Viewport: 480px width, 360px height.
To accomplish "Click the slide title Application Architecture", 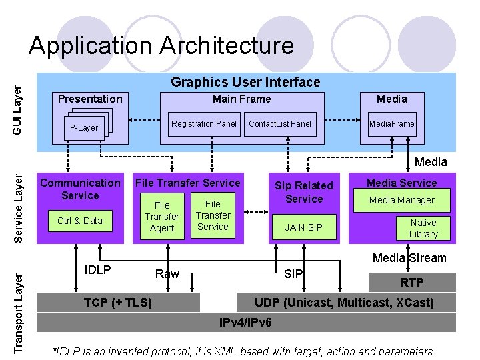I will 161,46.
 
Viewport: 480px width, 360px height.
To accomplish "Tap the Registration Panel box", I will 204,123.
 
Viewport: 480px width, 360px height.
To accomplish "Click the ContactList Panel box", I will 280,123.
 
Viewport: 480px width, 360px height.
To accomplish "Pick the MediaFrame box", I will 392,123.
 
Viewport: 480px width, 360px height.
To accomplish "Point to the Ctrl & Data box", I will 80,221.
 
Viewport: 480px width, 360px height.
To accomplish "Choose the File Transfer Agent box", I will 162,217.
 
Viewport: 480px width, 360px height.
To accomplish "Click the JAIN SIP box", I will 304,227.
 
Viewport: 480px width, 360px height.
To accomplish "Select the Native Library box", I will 423,228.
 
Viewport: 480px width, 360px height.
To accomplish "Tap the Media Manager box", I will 402,200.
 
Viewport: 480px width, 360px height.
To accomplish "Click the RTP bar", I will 411,283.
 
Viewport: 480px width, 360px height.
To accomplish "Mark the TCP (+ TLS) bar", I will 118,303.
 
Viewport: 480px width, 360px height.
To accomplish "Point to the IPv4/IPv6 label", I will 246,323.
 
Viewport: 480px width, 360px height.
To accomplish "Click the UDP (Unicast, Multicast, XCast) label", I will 344,303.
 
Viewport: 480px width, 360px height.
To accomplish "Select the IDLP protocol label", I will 98,270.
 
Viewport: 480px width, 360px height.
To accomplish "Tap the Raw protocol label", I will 167,273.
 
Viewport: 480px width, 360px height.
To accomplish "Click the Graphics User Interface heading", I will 245,82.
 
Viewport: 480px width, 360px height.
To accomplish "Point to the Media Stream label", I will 409,258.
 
